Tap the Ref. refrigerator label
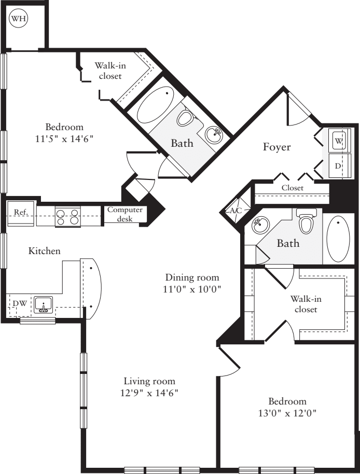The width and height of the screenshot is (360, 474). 20,212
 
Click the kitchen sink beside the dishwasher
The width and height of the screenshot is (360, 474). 44,304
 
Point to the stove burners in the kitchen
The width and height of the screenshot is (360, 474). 68,216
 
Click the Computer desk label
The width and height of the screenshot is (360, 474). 125,214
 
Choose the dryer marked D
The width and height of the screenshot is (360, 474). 338,166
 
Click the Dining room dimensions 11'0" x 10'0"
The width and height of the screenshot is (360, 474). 192,289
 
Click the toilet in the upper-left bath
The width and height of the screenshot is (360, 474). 185,118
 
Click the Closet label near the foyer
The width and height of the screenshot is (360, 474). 293,188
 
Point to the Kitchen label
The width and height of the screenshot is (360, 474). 44,251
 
